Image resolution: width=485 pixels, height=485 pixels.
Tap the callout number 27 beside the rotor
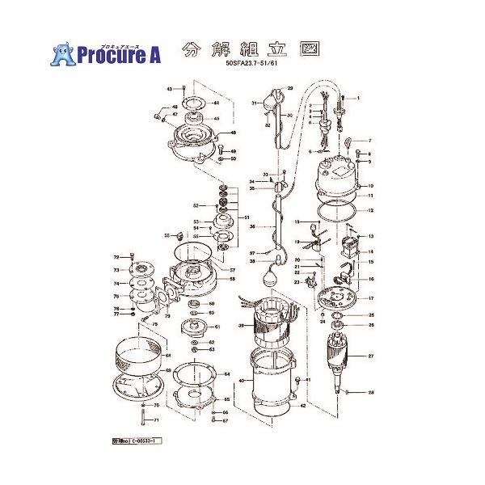371,356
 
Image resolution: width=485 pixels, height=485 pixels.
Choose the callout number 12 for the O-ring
371,210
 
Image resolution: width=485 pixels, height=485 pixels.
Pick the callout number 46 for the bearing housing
233,133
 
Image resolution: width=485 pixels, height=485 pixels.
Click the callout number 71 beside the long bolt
157,420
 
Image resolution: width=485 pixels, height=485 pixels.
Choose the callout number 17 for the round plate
371,298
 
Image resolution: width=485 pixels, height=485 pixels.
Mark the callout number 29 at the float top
289,87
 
